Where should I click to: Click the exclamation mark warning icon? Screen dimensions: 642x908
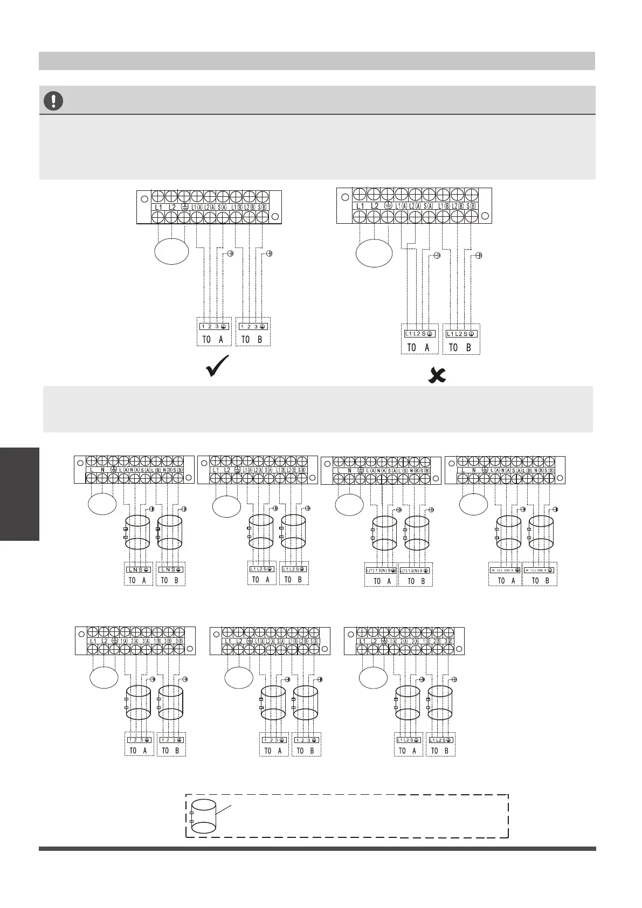pos(54,101)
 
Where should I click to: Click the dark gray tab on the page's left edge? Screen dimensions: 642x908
pos(19,493)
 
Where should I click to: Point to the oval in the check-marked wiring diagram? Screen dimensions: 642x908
pos(171,252)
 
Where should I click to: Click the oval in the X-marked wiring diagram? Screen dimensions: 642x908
pos(374,252)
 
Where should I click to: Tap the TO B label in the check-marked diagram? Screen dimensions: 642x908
pos(252,340)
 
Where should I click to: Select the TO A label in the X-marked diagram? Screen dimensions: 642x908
pos(418,348)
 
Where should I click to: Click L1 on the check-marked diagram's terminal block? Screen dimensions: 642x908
pos(158,207)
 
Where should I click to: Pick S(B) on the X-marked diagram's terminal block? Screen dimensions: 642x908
pos(472,206)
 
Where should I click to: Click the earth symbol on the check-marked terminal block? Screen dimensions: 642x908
pos(184,207)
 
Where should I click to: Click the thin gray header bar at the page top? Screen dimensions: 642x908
pos(316,61)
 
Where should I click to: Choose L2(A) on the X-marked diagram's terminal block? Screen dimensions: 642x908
pos(415,206)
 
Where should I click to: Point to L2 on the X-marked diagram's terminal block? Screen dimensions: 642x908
pos(375,206)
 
